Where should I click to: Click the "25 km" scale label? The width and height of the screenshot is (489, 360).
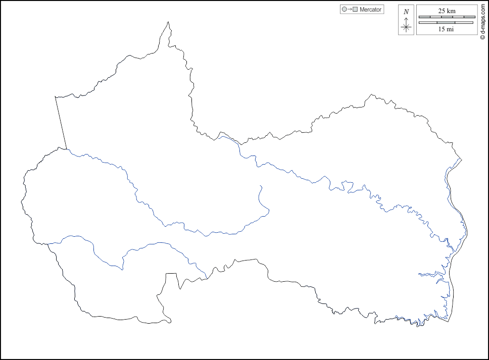tap(447, 11)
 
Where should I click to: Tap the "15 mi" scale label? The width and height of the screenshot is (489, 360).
tap(446, 29)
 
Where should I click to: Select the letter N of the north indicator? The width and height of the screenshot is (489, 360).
tap(406, 12)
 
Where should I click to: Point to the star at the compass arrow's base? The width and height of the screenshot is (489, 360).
tap(406, 27)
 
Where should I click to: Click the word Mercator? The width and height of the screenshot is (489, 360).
tap(371, 10)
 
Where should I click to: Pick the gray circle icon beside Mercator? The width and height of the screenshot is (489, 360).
tap(345, 10)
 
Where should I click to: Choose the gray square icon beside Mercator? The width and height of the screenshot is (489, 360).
tap(355, 10)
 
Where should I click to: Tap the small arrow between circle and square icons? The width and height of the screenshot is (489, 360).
tap(350, 10)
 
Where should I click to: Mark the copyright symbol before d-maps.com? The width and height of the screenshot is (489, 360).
tap(482, 37)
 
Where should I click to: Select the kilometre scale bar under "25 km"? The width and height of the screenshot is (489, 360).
tap(447, 17)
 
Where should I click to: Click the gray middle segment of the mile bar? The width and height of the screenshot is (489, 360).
tap(447, 23)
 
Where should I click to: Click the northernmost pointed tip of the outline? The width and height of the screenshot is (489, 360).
tap(168, 22)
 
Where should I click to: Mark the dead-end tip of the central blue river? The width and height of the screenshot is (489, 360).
tap(261, 186)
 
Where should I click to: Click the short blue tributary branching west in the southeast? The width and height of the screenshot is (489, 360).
tap(427, 274)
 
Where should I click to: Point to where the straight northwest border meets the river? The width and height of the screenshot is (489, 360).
tap(67, 149)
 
